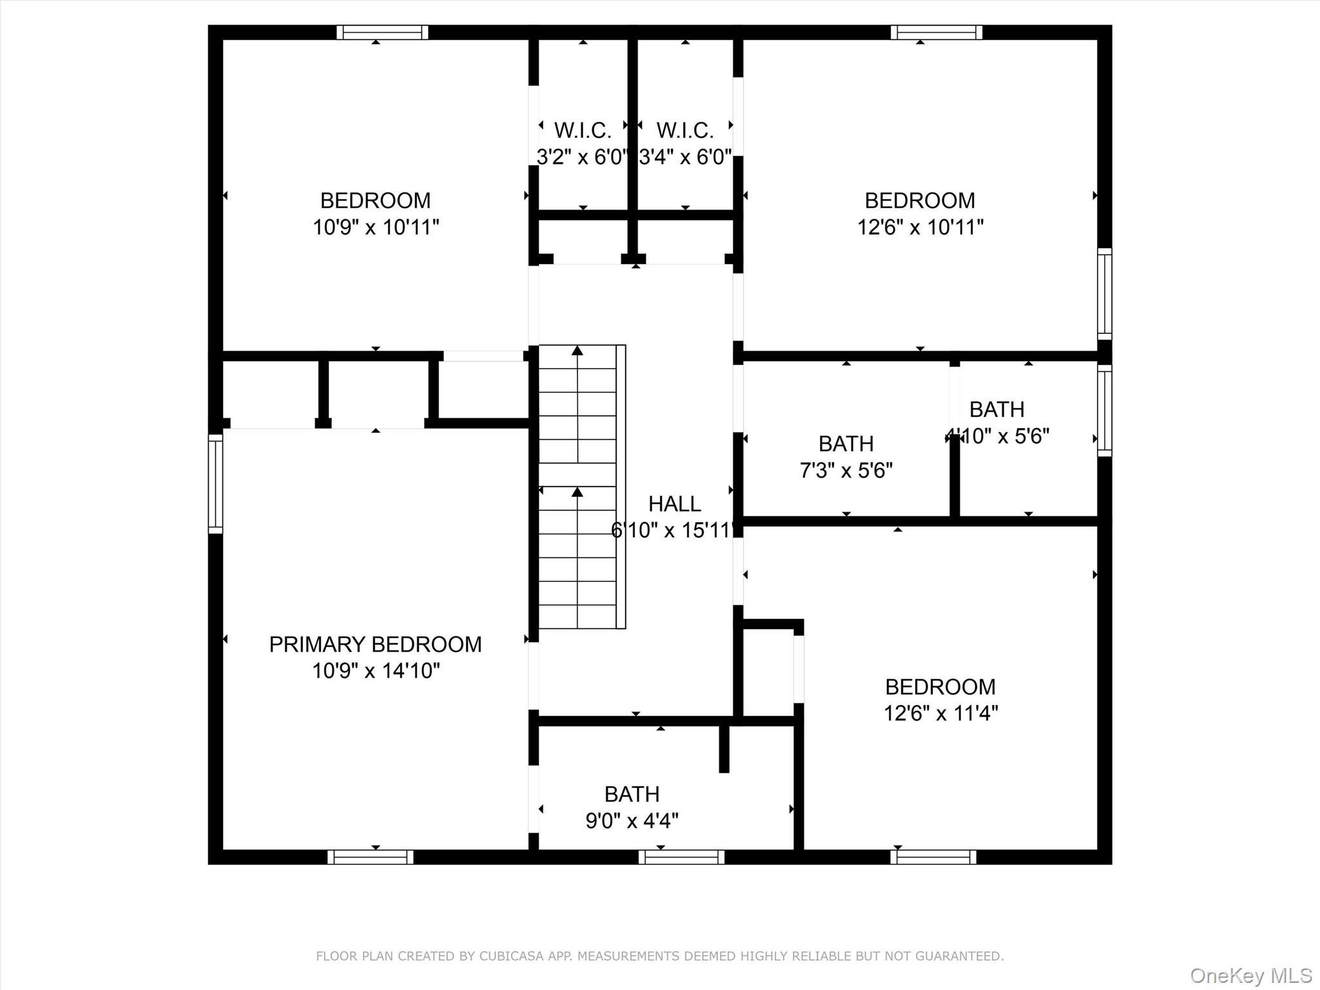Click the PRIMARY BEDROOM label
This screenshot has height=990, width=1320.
click(x=375, y=644)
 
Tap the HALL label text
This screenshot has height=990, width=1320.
click(x=674, y=503)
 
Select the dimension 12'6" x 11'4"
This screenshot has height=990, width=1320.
click(x=940, y=713)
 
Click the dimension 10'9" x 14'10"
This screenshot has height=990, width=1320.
click(x=375, y=671)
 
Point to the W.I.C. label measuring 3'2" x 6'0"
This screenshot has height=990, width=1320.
click(x=582, y=131)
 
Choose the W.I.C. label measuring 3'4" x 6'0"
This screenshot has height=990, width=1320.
click(x=684, y=131)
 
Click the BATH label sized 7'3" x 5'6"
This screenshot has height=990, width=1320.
click(x=846, y=443)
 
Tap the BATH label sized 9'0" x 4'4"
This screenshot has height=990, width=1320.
click(x=632, y=793)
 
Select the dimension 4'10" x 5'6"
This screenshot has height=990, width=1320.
click(x=997, y=436)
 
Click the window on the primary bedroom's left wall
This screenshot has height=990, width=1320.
click(x=215, y=483)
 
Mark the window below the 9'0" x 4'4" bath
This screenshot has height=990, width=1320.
click(x=681, y=857)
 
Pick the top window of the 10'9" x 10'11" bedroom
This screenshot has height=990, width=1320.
click(x=382, y=32)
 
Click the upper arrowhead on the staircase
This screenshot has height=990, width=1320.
click(x=577, y=351)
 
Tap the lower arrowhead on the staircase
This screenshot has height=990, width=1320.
click(x=577, y=492)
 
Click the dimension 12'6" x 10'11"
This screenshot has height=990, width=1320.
click(x=920, y=228)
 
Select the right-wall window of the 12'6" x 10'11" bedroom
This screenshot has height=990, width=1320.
click(x=1104, y=293)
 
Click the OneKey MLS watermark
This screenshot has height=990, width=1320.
click(x=1250, y=975)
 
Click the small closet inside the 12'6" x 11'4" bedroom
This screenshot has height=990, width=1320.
click(x=768, y=670)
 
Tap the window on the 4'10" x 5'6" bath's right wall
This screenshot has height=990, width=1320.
click(x=1104, y=411)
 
